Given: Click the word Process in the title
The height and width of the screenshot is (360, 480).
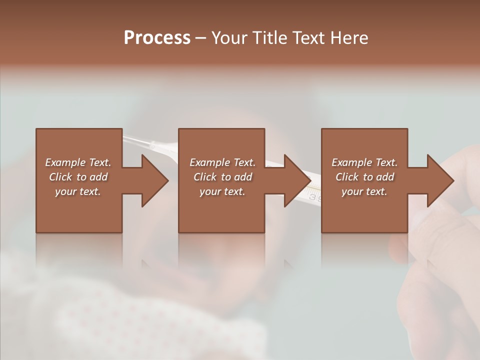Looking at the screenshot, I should pyautogui.click(x=157, y=37).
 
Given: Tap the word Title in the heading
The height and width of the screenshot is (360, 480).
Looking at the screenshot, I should pyautogui.click(x=267, y=37).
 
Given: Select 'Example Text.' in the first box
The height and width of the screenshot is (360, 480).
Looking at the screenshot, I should pyautogui.click(x=78, y=162).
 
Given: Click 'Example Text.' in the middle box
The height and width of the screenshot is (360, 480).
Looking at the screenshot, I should pyautogui.click(x=222, y=162).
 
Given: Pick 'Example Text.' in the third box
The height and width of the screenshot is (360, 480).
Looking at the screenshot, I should pyautogui.click(x=364, y=162).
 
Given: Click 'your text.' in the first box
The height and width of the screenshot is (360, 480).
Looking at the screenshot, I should pyautogui.click(x=78, y=191).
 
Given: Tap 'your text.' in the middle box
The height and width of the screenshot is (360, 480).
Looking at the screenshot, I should pyautogui.click(x=222, y=191).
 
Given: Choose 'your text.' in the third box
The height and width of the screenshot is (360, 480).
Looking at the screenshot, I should pyautogui.click(x=364, y=191).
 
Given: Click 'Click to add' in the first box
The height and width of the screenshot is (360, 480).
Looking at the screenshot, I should pyautogui.click(x=78, y=177).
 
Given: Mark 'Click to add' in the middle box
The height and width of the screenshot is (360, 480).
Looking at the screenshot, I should pyautogui.click(x=222, y=177).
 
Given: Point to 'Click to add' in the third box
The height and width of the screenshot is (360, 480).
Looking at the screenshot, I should pyautogui.click(x=364, y=177).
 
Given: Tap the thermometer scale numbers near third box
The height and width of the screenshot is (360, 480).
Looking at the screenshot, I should pyautogui.click(x=314, y=196).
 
